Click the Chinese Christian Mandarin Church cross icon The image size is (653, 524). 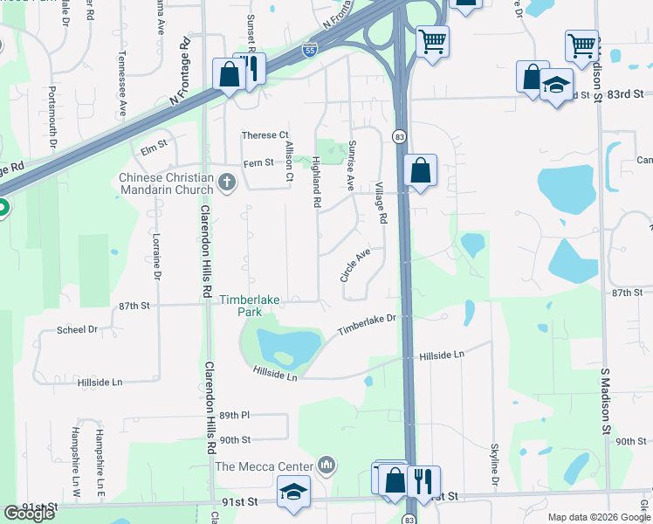tap(227, 183)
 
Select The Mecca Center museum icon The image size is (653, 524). tap(326, 465)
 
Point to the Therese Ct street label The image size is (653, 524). tap(265, 135)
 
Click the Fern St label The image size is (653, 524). tap(258, 163)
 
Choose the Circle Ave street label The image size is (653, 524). tap(355, 264)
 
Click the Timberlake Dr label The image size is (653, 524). tap(368, 325)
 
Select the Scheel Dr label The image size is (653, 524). tap(77, 329)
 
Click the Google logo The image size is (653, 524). tap(29, 513)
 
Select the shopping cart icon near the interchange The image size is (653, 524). tap(432, 40)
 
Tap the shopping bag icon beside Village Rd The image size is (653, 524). tap(420, 169)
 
